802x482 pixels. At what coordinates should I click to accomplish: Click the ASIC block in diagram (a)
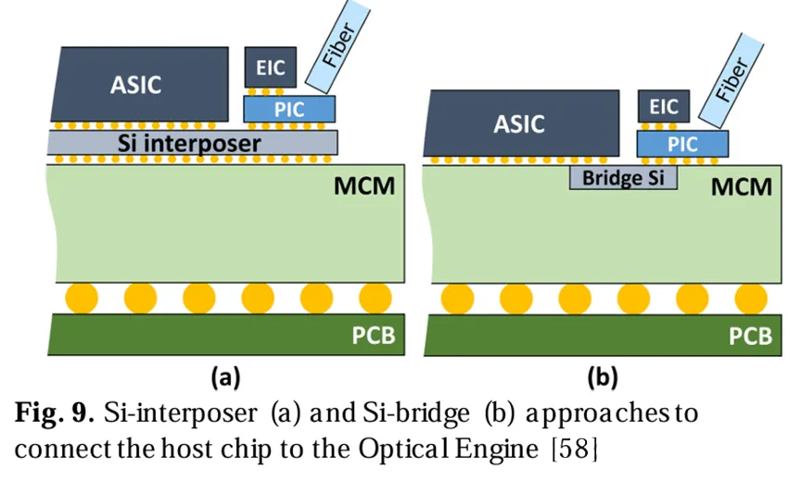(139, 84)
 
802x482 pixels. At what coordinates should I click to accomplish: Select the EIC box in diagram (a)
(270, 68)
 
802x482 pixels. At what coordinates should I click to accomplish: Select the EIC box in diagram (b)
(664, 107)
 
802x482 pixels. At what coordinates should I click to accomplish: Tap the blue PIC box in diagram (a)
(288, 109)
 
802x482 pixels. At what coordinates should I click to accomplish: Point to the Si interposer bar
(191, 143)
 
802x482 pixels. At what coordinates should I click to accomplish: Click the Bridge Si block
(623, 178)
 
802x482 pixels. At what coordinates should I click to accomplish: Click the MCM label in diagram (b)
(742, 186)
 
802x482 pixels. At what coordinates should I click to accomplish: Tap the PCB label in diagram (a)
(373, 335)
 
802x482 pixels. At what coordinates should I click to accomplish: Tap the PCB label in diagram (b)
(751, 335)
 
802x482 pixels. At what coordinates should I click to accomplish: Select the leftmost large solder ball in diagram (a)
(81, 298)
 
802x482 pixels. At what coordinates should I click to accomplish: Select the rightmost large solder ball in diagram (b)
(749, 298)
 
